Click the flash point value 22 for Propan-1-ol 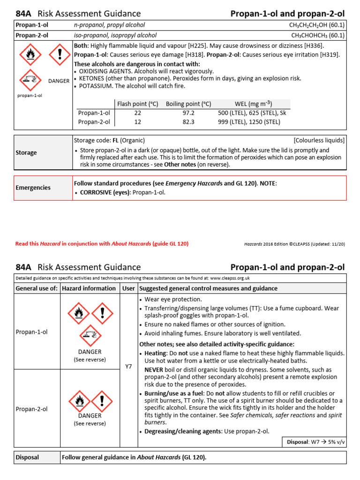click(x=137, y=113)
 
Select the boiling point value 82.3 click(x=188, y=122)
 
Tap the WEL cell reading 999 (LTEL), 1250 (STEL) click(x=249, y=122)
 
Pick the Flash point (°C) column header click(x=137, y=104)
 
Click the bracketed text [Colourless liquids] click(x=319, y=140)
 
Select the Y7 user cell click(x=129, y=367)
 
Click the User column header click(x=129, y=288)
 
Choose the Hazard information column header click(x=89, y=288)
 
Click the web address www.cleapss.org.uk click(x=229, y=278)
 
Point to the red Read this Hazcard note click(x=102, y=244)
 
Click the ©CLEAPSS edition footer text click(x=294, y=244)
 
